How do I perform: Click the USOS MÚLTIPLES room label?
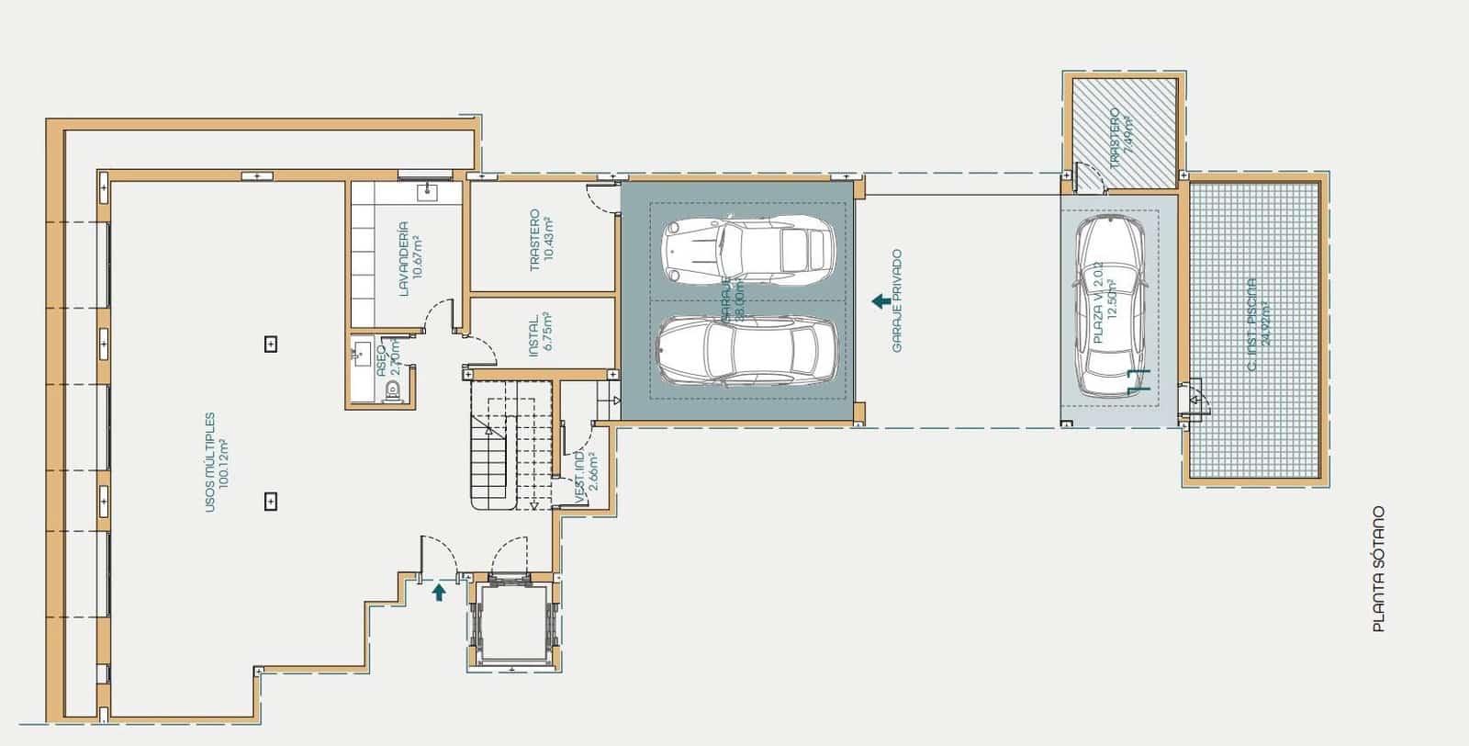[x=209, y=461]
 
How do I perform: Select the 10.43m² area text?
[x=548, y=240]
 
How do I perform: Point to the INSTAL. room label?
[x=533, y=337]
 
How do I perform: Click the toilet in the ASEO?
[x=393, y=390]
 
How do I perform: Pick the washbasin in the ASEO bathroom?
[x=359, y=350]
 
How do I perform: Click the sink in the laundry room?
[x=428, y=191]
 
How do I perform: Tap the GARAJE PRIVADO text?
[x=897, y=300]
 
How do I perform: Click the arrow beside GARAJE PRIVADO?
[x=879, y=300]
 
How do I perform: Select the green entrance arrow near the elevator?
[x=439, y=592]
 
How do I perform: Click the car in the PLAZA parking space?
[x=1111, y=303]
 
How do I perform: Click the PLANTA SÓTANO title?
[x=1377, y=570]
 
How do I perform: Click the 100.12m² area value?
[x=223, y=462]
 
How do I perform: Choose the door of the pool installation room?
[x=1195, y=400]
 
